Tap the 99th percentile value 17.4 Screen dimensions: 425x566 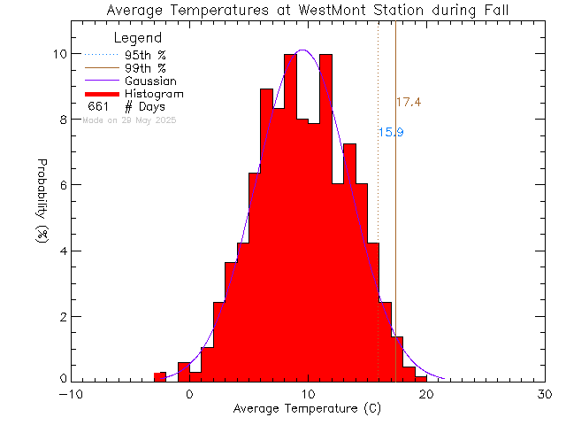click(408, 103)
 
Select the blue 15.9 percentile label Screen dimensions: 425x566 click(391, 133)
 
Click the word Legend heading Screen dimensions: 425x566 click(139, 38)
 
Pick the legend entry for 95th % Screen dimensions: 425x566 click(144, 55)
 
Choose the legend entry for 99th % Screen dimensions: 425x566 click(144, 68)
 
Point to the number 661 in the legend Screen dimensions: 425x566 click(99, 106)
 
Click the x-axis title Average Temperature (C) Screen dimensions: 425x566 click(307, 410)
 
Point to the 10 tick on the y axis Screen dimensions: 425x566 click(58, 54)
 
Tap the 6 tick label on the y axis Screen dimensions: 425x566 click(62, 185)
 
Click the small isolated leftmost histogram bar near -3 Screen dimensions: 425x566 click(160, 377)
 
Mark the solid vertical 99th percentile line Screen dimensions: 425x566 click(395, 221)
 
